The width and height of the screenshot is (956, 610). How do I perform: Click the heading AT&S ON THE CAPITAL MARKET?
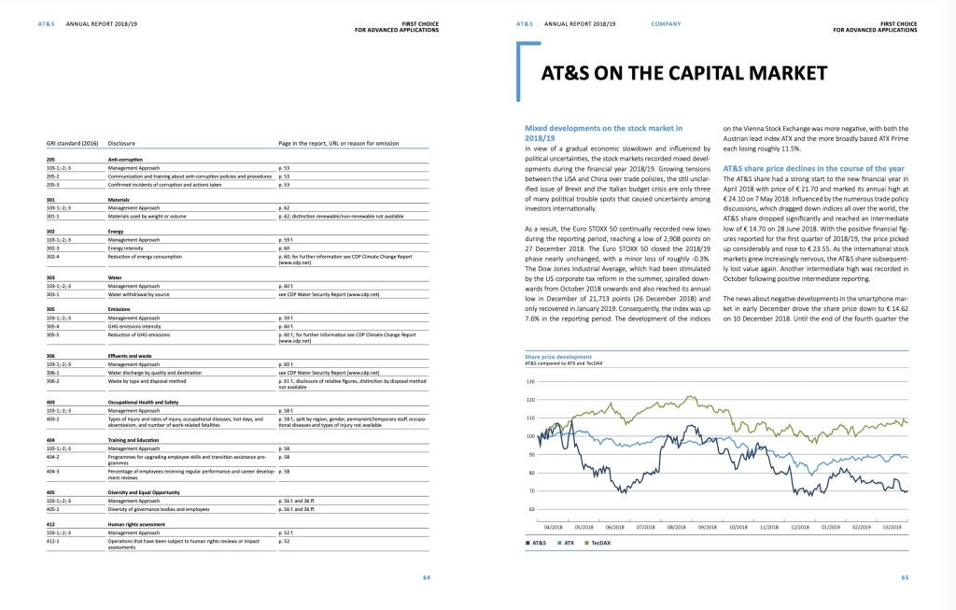tap(684, 74)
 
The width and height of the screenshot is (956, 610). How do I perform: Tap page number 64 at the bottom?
tap(427, 578)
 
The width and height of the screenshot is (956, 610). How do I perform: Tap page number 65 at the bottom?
tap(905, 578)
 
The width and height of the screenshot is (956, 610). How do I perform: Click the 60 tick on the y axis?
tap(530, 509)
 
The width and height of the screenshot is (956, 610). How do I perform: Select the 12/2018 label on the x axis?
tap(799, 528)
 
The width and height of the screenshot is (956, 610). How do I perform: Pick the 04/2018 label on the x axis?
tap(553, 528)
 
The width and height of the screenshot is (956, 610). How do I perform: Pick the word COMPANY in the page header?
tap(666, 23)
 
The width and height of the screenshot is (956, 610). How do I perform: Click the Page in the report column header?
tap(338, 144)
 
